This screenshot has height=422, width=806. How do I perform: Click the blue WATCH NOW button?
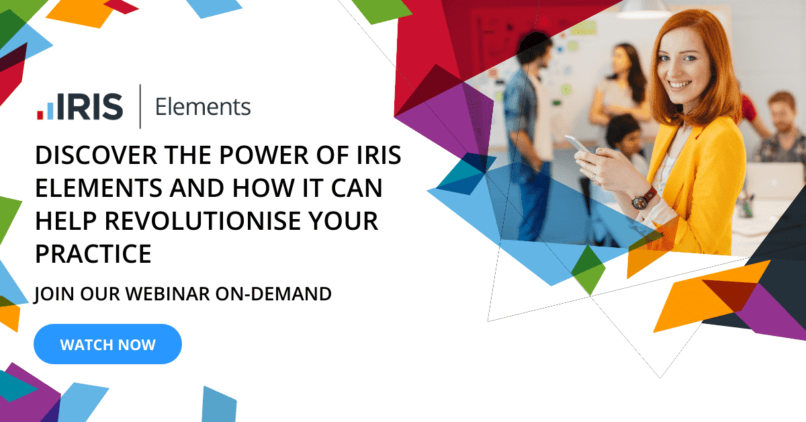(107, 345)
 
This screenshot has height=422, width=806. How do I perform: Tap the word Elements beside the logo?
(203, 107)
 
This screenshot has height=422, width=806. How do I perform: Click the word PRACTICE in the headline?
(93, 254)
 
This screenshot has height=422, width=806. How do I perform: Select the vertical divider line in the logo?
(140, 106)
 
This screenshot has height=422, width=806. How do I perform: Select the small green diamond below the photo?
(588, 269)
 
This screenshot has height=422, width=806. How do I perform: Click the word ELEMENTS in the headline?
(93, 189)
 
